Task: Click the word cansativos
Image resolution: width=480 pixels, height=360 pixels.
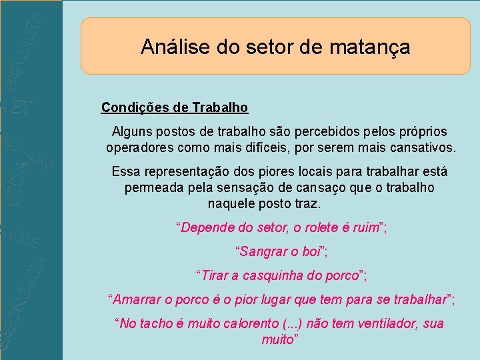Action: [x=421, y=147]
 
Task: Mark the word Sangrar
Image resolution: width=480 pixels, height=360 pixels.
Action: [x=263, y=252]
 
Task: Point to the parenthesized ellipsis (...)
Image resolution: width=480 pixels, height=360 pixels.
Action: [x=291, y=324]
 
